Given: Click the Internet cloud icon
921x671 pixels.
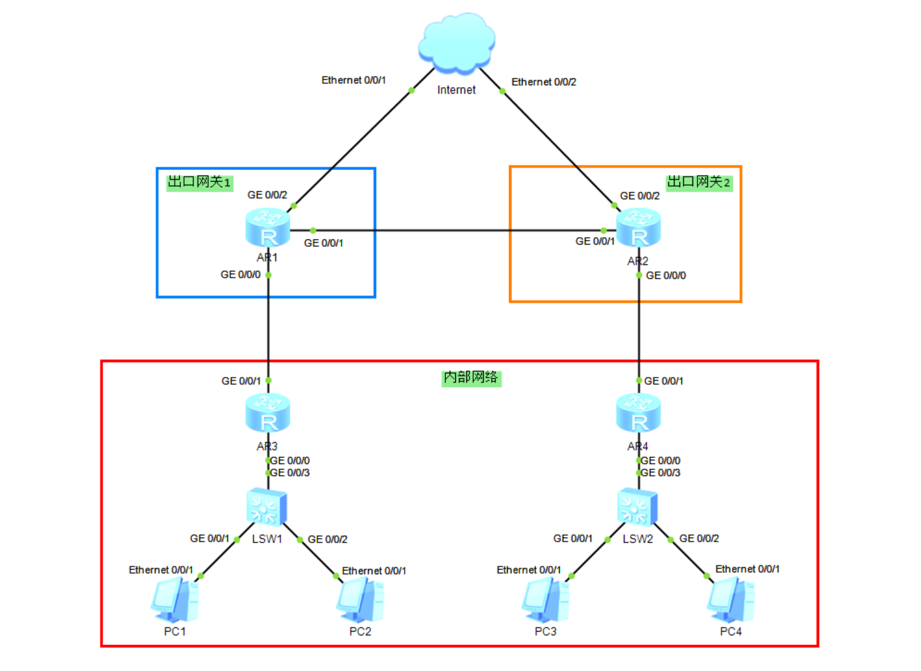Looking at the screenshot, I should [x=457, y=41].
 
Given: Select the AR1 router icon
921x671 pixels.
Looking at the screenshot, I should [x=267, y=228].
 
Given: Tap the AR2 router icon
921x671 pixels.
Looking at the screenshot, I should [x=638, y=228].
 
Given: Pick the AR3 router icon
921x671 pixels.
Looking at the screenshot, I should [x=267, y=413].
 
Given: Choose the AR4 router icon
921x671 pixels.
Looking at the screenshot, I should [x=638, y=413].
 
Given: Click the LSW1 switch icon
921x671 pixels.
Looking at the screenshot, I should [x=266, y=507].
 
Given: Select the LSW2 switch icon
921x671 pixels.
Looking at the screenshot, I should [x=637, y=507].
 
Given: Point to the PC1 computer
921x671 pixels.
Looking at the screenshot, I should [x=175, y=599].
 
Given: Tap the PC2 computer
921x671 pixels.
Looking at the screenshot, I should [x=360, y=599].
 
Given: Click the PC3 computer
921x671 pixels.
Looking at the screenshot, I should [x=545, y=599].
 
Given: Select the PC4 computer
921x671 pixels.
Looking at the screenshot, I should [x=731, y=599].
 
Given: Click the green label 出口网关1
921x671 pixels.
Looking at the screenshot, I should [x=199, y=182].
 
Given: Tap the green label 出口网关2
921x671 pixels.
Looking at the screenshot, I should [x=699, y=182].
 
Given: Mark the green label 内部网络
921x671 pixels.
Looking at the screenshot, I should [x=471, y=377].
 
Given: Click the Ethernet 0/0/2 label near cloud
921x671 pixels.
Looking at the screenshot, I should [x=544, y=82].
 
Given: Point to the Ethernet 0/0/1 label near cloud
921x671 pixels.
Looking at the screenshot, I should [x=353, y=80].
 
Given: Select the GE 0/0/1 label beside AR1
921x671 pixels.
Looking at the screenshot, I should [x=323, y=243].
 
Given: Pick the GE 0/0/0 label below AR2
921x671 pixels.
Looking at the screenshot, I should [x=665, y=275].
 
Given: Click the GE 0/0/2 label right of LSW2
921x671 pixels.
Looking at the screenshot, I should [x=699, y=538].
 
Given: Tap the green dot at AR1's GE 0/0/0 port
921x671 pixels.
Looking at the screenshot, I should [x=268, y=275].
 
